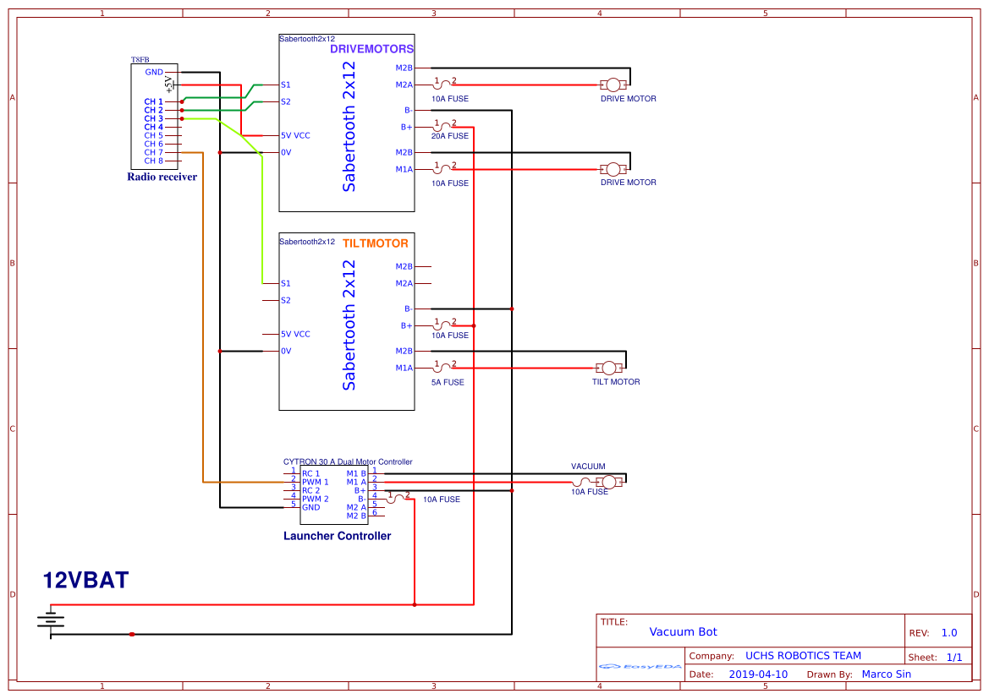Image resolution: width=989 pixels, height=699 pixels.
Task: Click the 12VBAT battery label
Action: click(x=86, y=581)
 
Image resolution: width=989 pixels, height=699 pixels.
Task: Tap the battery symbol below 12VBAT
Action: click(x=51, y=621)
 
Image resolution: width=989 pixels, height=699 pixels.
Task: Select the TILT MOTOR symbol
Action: click(x=608, y=368)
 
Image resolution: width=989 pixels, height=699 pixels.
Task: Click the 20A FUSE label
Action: click(x=449, y=136)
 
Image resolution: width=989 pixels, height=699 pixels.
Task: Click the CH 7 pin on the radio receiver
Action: click(x=153, y=152)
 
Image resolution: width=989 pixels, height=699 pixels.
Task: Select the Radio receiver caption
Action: click(x=162, y=177)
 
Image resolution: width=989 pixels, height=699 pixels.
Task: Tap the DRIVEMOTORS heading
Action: click(x=371, y=49)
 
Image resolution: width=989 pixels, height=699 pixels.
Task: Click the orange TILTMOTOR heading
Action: click(x=375, y=243)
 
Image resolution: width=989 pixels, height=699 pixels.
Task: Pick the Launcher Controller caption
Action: click(x=337, y=536)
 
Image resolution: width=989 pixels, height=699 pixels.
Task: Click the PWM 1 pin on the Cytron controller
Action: click(x=315, y=482)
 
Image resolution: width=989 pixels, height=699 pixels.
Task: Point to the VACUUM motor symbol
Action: click(x=608, y=482)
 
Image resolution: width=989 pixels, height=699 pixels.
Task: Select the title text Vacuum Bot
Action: click(x=683, y=632)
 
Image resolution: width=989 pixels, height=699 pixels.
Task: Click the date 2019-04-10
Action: click(x=758, y=674)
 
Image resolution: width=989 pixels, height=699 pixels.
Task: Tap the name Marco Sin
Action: click(x=886, y=674)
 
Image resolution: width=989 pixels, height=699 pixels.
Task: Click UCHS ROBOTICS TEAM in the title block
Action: click(x=803, y=656)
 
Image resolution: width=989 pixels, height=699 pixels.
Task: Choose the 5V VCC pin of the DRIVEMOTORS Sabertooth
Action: click(x=295, y=135)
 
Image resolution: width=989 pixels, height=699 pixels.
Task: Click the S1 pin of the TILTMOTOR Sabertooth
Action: click(x=286, y=283)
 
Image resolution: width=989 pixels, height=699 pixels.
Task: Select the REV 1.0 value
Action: click(x=948, y=633)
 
